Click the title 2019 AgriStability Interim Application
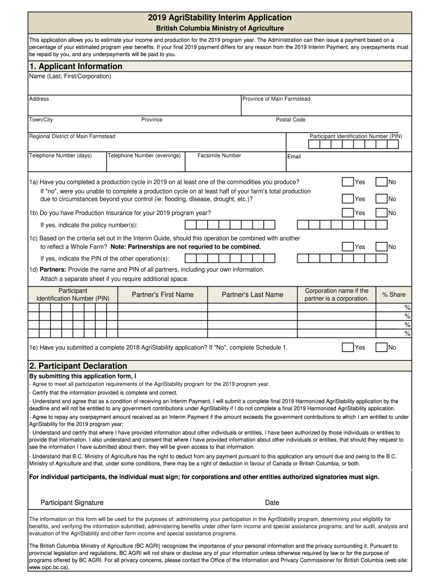coord(220,18)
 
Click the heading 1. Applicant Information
coord(75,66)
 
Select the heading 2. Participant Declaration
coord(78,366)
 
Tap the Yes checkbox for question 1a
coord(347,182)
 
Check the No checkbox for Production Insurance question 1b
coord(381,213)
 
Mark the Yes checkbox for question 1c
coord(347,247)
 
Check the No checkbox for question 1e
coord(381,347)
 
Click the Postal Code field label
coord(291,120)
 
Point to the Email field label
coord(294,157)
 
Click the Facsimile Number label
coord(219,155)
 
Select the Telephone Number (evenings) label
coord(144,155)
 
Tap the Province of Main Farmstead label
coord(276,99)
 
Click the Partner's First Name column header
coord(162,294)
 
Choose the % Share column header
coord(393,294)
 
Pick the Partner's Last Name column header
coord(252,294)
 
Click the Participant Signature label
coord(72,503)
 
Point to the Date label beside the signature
coord(272,503)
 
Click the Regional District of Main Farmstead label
coord(72,136)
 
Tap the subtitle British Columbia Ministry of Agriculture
coord(220,28)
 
